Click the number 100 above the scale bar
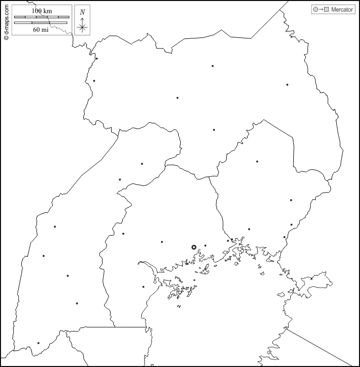pos(37,11)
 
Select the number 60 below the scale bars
pos(36,29)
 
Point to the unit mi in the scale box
pos(45,29)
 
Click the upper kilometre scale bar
pos(41,17)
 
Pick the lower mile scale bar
pos(41,22)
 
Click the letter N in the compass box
pos(82,11)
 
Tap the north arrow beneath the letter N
pos(82,20)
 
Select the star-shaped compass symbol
pos(82,27)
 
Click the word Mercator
pos(342,10)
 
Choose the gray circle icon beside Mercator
pos(316,10)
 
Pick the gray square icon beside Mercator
pos(327,10)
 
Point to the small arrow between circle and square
pos(321,10)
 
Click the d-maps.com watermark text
pos(6,20)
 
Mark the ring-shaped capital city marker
pos(194,247)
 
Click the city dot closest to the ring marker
pos(205,246)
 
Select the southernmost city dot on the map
pos(38,343)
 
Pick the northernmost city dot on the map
pos(96,59)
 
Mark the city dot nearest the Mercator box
pos(287,85)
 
